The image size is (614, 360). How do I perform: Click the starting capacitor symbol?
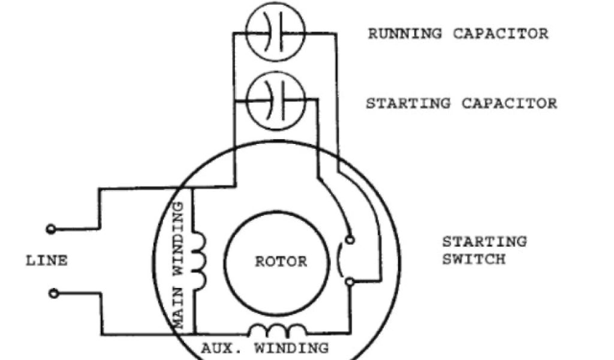[276, 99]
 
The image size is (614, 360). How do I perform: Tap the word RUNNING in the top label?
[404, 33]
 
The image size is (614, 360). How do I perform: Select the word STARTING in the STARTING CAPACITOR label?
[408, 103]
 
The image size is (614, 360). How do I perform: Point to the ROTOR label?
[281, 262]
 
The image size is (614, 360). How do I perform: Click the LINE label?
[47, 261]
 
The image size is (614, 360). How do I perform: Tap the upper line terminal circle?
[52, 229]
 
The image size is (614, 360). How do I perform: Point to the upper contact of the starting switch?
[350, 239]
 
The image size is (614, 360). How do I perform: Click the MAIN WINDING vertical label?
[177, 264]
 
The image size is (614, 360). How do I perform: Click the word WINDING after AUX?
[291, 348]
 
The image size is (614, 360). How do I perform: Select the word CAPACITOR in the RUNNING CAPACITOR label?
[500, 33]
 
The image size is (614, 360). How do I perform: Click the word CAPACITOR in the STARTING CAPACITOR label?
[509, 103]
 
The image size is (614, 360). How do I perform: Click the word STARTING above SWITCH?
[484, 242]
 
